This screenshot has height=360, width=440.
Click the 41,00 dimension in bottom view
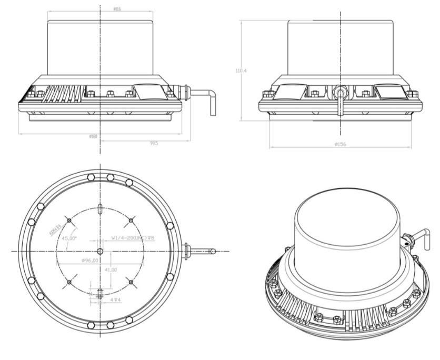(x=111, y=270)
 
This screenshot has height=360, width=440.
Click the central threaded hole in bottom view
(x=100, y=251)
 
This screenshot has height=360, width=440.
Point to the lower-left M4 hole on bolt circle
(x=69, y=283)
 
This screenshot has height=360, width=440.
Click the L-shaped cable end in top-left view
(x=212, y=103)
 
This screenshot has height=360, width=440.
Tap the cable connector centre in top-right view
(x=339, y=91)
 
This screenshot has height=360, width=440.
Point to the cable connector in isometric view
(x=408, y=240)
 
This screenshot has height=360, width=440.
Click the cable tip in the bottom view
(x=213, y=251)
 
